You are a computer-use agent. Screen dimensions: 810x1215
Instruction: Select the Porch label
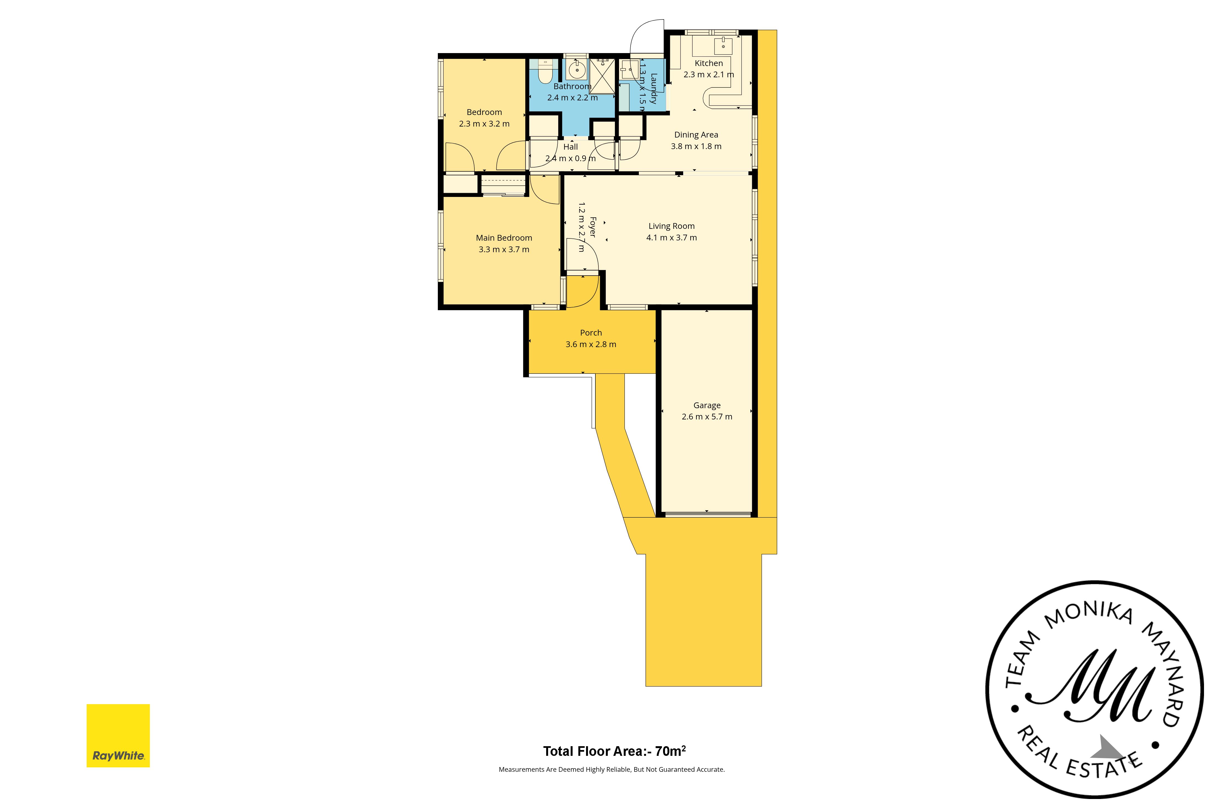tap(591, 333)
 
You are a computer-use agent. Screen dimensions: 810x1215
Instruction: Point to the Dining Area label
tap(696, 135)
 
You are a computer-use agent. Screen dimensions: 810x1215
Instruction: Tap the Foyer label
tap(593, 227)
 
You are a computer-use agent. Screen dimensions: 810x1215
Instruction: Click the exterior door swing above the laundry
tap(647, 39)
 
